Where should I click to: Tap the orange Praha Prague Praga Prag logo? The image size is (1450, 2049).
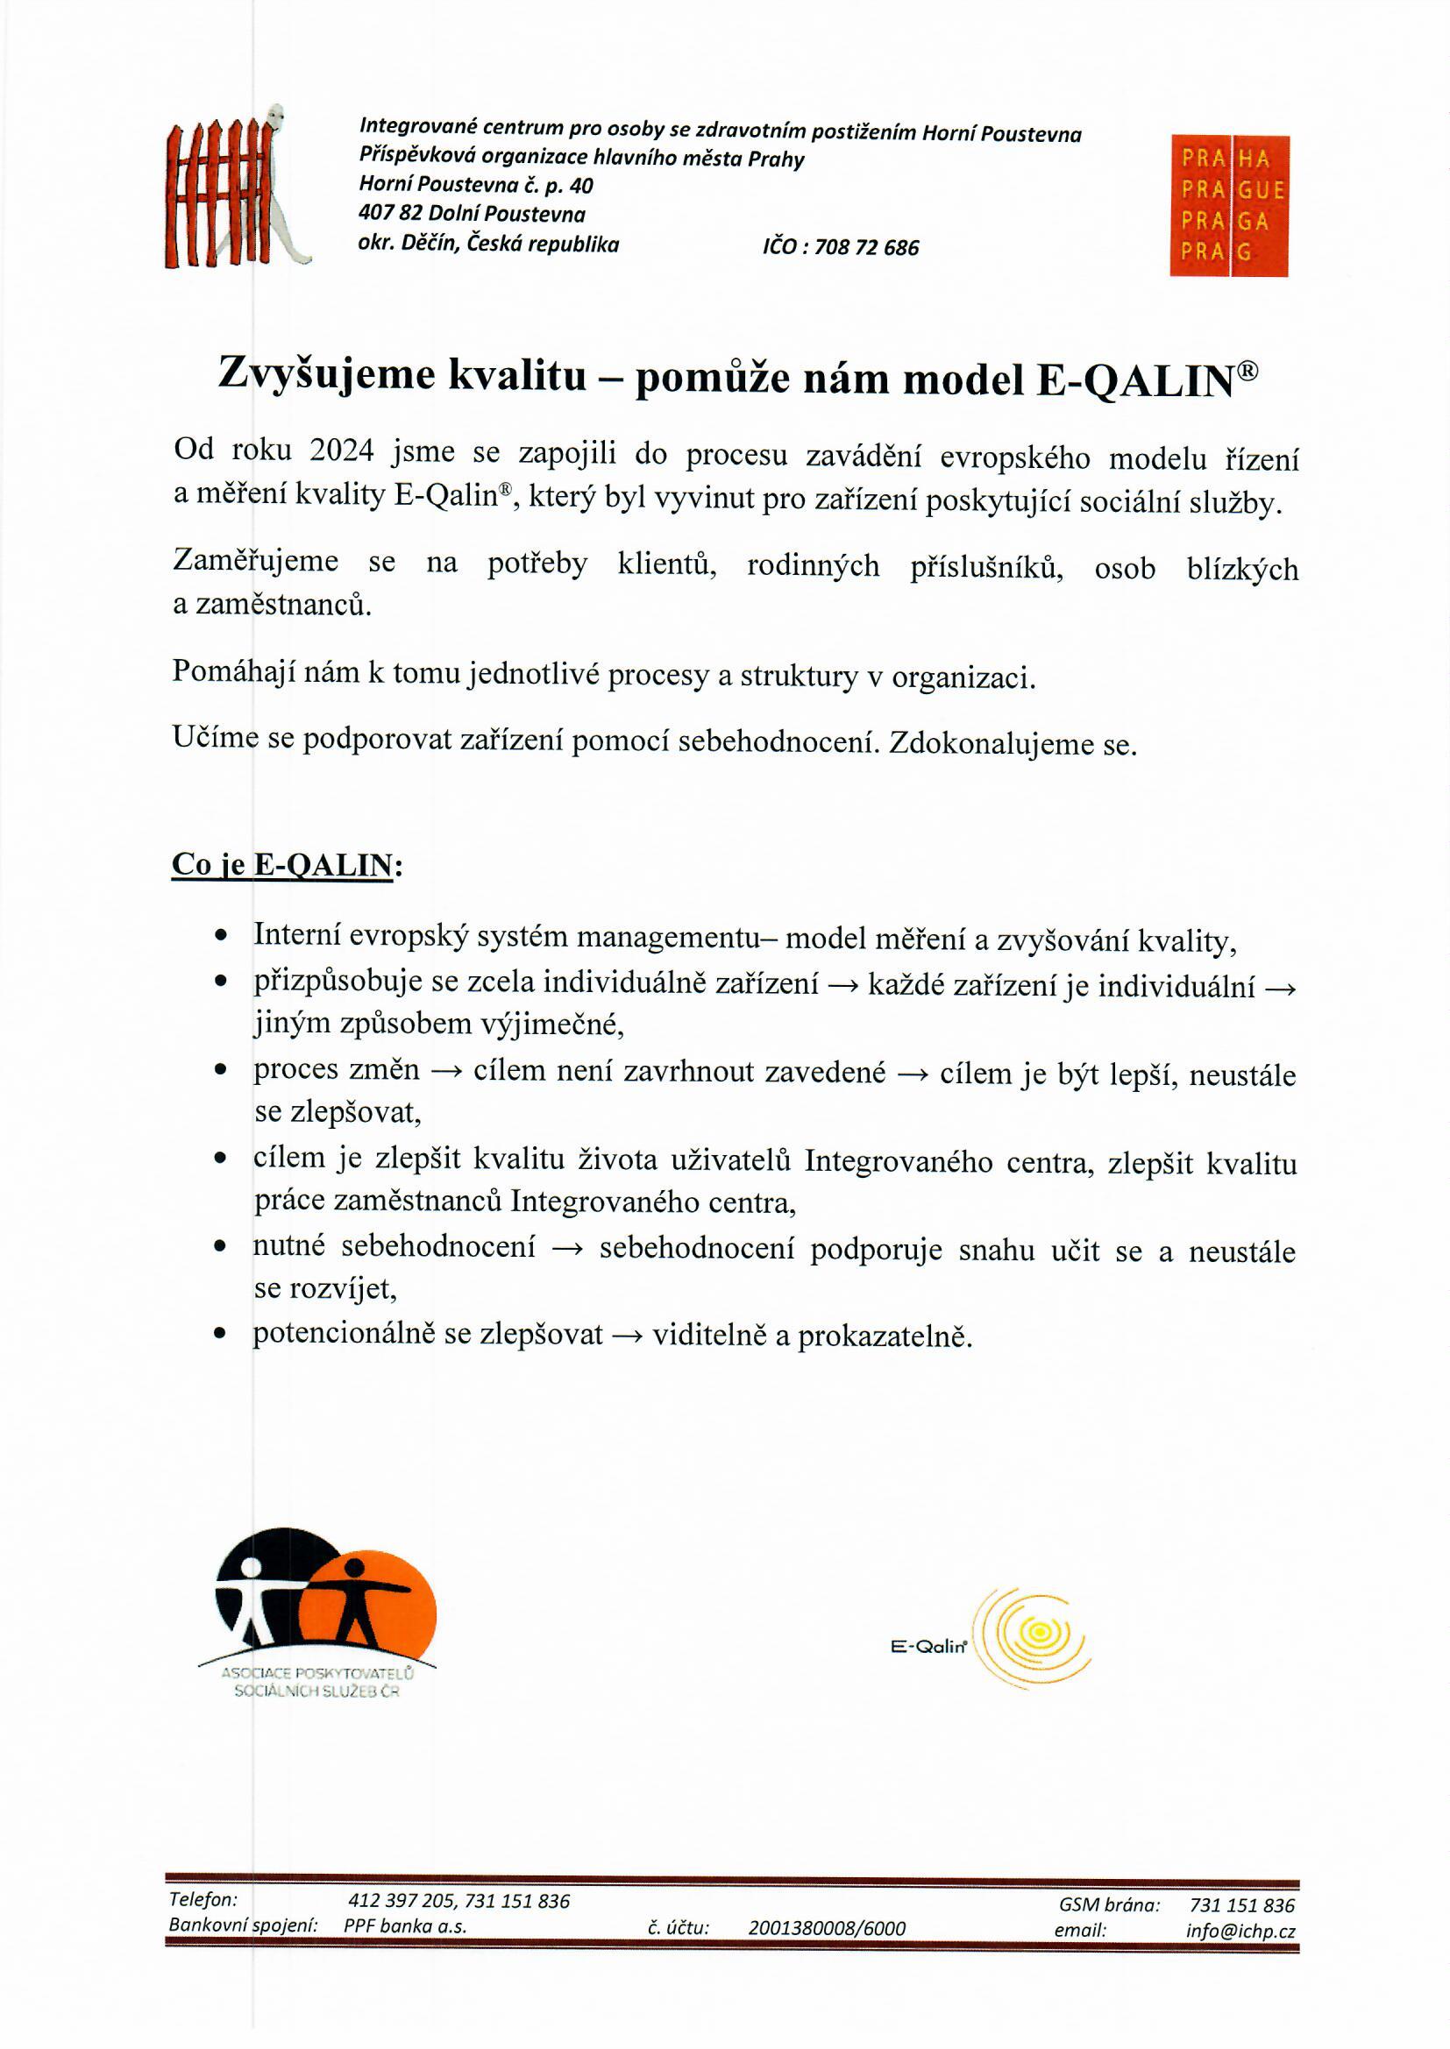(1228, 206)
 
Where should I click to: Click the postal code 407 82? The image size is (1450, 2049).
(391, 214)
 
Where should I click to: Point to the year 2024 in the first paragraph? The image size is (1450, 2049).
(341, 451)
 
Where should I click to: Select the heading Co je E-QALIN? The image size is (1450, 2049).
(287, 865)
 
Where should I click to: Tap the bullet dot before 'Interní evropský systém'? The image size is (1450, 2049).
(221, 936)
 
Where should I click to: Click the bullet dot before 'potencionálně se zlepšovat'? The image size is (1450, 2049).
(221, 1335)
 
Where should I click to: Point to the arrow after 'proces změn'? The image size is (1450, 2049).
(446, 1072)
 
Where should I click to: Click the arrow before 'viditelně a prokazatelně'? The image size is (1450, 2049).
(628, 1336)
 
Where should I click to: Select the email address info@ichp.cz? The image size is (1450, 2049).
(1240, 1931)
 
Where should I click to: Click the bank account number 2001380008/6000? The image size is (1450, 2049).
(827, 1929)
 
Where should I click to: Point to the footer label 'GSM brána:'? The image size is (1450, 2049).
(1109, 1905)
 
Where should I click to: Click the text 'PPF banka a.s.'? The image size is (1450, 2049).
(405, 1926)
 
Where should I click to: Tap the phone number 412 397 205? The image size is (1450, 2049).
(402, 1902)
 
